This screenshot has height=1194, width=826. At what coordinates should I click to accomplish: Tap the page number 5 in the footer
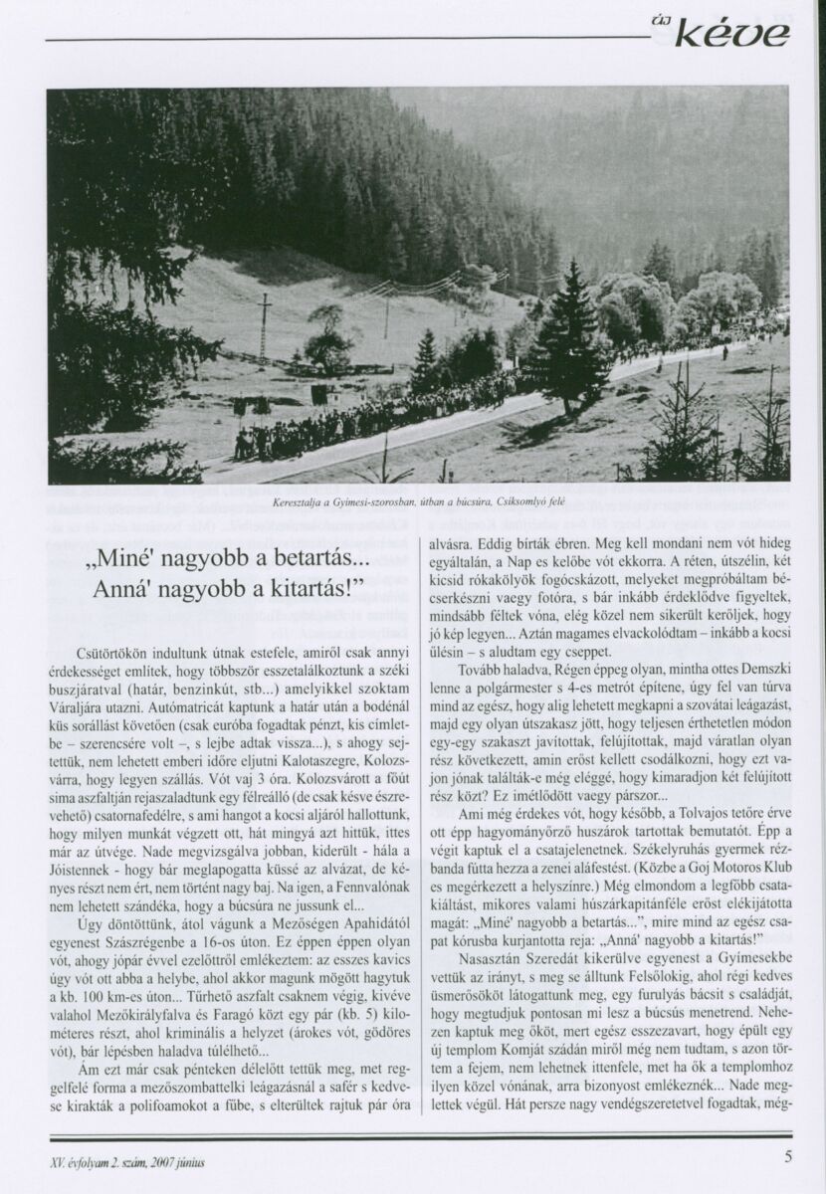787,1156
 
